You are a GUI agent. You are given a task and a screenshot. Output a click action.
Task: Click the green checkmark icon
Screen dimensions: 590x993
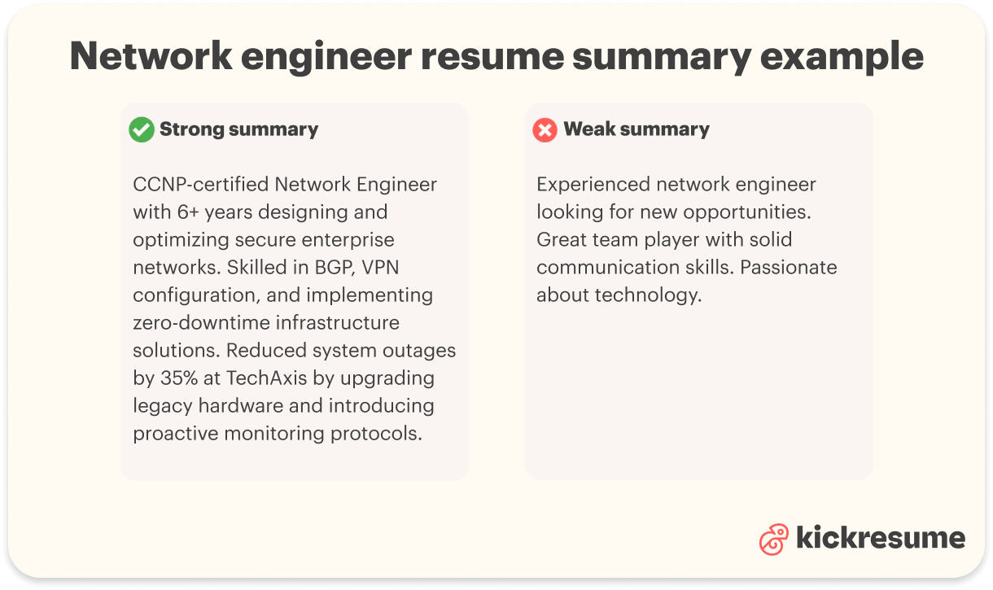click(142, 129)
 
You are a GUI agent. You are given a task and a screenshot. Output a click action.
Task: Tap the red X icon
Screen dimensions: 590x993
click(545, 129)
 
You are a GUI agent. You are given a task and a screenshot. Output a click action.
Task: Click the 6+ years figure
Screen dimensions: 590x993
click(193, 212)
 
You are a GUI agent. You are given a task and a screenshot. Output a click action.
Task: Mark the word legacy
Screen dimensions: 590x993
click(160, 405)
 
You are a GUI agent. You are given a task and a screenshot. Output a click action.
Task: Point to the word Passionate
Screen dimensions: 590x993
click(787, 267)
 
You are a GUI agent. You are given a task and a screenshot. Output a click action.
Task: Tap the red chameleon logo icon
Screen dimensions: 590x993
click(774, 539)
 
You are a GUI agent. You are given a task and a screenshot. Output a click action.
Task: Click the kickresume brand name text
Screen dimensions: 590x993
click(880, 538)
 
